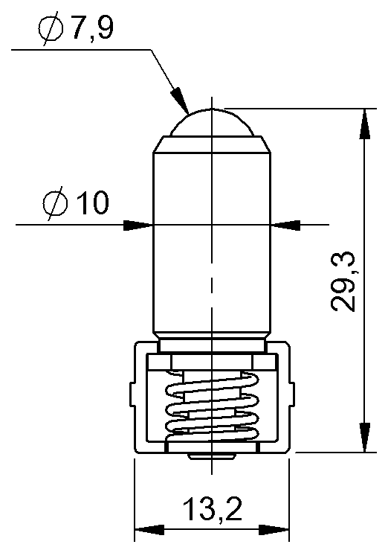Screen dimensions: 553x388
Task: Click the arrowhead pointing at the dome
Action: [x=178, y=98]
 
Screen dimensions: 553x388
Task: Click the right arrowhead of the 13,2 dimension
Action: [x=276, y=531]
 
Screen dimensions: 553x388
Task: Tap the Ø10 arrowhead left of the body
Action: [x=137, y=224]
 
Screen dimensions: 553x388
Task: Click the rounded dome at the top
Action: [x=212, y=121]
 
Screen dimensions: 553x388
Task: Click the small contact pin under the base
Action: [x=213, y=455]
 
